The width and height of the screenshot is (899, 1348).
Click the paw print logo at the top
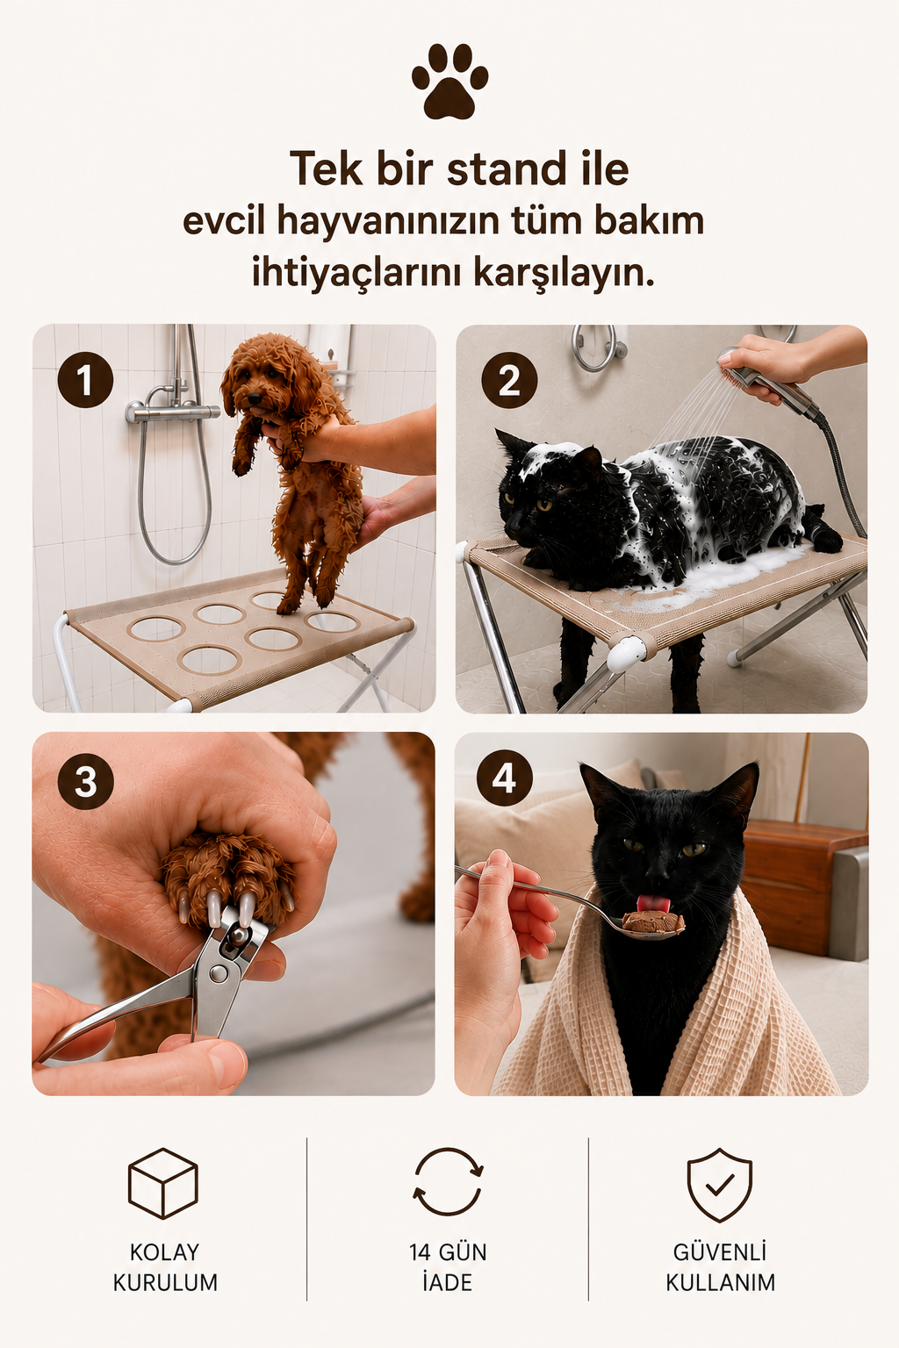tap(449, 81)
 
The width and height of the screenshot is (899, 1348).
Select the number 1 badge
tap(85, 380)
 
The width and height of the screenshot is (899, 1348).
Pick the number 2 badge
tap(509, 380)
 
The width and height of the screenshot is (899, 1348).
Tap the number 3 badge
tap(85, 782)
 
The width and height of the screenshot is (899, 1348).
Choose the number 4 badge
tap(504, 778)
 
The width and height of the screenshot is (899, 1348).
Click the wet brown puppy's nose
tap(255, 398)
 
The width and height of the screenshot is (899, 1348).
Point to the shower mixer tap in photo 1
tap(173, 412)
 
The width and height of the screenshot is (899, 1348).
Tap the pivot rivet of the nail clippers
tap(219, 973)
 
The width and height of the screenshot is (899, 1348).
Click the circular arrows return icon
tap(449, 1182)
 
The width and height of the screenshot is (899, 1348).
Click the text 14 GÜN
tap(448, 1252)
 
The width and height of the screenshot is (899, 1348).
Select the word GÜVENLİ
tap(720, 1251)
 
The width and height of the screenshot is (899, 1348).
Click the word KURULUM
tap(165, 1282)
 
